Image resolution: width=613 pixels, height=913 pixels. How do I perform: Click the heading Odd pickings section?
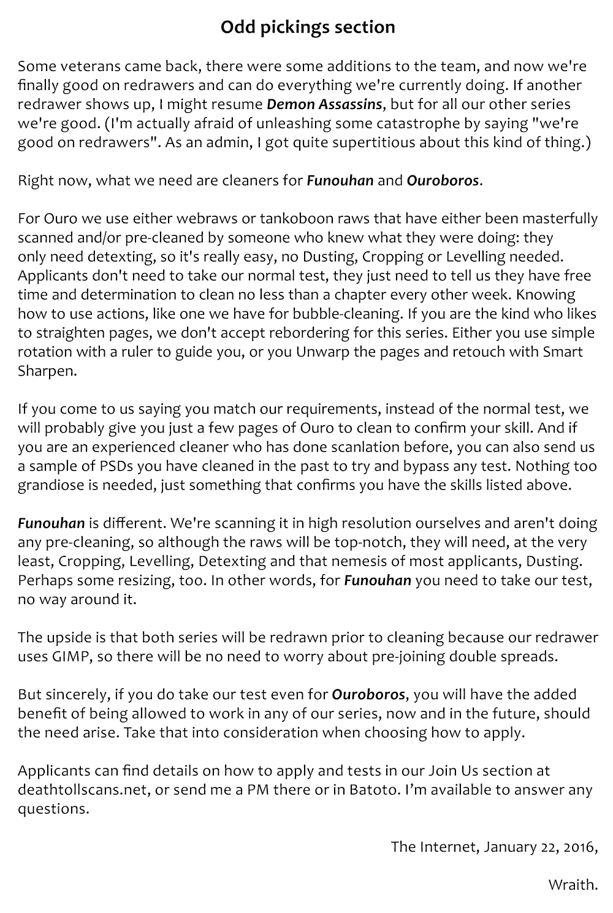click(x=307, y=28)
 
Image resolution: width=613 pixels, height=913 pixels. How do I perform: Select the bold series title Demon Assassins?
click(x=324, y=104)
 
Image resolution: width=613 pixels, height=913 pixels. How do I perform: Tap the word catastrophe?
click(x=423, y=123)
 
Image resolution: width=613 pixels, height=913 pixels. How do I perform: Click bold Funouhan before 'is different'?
click(x=51, y=523)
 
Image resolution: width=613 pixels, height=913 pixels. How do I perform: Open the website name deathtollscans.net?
click(x=83, y=790)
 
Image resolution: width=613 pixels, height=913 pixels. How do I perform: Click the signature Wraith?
click(x=572, y=885)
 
